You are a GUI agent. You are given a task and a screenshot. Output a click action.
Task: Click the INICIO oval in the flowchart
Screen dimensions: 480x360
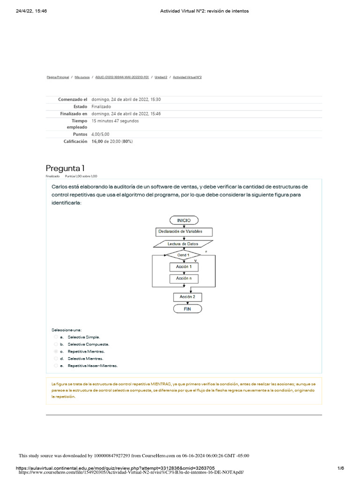pos(183,220)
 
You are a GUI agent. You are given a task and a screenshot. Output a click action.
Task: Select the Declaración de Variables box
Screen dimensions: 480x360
pos(183,232)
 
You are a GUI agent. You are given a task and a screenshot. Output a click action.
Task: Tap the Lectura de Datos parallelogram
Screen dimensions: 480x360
pos(183,244)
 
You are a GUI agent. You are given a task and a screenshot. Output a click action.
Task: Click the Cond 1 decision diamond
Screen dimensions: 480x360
pos(183,255)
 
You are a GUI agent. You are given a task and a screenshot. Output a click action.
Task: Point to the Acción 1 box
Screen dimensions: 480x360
pos(183,267)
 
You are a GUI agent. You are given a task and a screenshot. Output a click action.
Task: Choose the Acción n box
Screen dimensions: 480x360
pos(183,278)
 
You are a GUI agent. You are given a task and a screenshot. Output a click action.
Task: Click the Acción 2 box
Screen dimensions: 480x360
pos(183,297)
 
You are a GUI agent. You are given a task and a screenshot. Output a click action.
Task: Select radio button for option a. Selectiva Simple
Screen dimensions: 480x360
pos(56,337)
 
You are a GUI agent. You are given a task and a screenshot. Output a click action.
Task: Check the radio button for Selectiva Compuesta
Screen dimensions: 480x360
pos(56,344)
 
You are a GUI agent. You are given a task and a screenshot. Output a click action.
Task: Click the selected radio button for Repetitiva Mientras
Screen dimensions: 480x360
pos(56,351)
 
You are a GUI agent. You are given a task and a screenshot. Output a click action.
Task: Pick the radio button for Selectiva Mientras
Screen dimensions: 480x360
pos(56,358)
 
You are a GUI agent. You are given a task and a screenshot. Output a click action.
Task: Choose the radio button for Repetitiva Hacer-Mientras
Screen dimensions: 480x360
pos(56,365)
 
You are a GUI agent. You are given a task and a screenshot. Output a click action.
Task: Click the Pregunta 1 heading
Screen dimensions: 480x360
pos(65,168)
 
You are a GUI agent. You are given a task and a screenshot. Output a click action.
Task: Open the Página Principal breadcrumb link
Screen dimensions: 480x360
pos(58,77)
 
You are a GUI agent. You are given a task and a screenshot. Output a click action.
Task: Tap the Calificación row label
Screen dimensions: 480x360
pos(75,141)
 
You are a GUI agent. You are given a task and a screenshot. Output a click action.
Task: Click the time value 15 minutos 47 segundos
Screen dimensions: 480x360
pos(115,120)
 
